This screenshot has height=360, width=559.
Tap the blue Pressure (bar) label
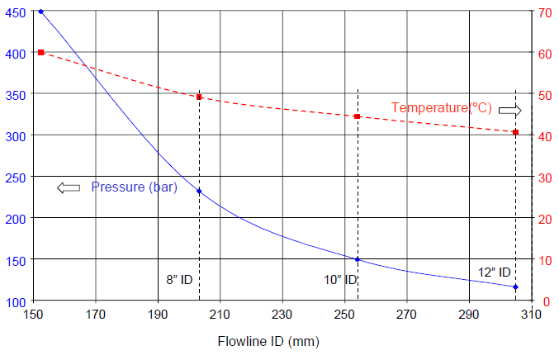pyautogui.click(x=134, y=187)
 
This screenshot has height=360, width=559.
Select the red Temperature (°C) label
pyautogui.click(x=441, y=108)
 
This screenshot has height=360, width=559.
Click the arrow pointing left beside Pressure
pyautogui.click(x=69, y=188)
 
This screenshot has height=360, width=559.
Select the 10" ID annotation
pyautogui.click(x=339, y=280)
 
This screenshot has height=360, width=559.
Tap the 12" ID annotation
pyautogui.click(x=495, y=272)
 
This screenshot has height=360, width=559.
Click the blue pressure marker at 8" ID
pyautogui.click(x=199, y=192)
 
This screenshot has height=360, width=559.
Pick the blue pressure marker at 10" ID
pyautogui.click(x=357, y=259)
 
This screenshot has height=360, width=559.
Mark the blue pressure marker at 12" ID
pyautogui.click(x=515, y=287)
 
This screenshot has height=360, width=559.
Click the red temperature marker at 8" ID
pyautogui.click(x=199, y=97)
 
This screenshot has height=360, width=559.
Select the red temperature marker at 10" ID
pyautogui.click(x=357, y=116)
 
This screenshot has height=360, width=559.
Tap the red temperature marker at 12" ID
pyautogui.click(x=515, y=132)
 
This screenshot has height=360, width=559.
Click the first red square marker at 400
pyautogui.click(x=41, y=52)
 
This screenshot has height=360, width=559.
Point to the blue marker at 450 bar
pyautogui.click(x=41, y=12)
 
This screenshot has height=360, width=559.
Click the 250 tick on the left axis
pyautogui.click(x=17, y=177)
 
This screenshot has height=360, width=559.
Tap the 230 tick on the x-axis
pyautogui.click(x=282, y=315)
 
